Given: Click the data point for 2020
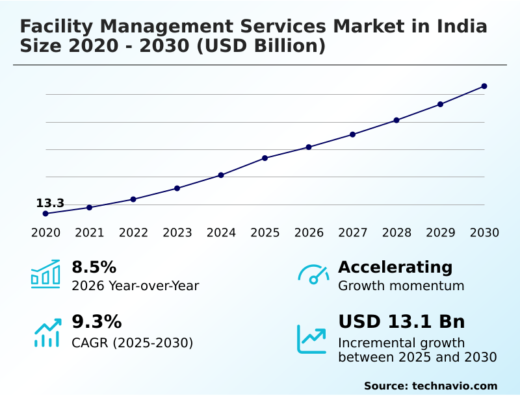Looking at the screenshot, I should (x=45, y=214).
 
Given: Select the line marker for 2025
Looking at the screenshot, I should (x=265, y=158).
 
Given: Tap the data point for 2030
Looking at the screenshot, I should (x=484, y=86).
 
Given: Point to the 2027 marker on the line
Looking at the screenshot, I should (x=352, y=134).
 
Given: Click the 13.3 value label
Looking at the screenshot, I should (x=50, y=203).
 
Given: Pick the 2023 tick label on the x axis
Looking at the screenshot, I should (x=177, y=233).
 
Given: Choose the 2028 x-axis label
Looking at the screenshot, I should (x=396, y=233).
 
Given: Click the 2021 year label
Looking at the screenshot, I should (x=89, y=233).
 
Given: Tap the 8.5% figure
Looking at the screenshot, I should (x=94, y=267).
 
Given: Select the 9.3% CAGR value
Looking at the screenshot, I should (x=96, y=322).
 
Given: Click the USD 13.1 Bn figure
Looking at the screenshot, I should (x=402, y=322).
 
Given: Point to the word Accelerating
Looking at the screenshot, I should (x=395, y=267).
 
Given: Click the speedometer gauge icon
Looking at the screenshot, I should (x=313, y=275).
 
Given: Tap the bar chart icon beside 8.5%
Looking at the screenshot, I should (x=45, y=274).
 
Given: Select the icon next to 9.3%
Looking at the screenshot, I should (x=47, y=332).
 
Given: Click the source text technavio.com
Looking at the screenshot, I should (x=454, y=386).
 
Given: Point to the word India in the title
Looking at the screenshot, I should (x=463, y=27).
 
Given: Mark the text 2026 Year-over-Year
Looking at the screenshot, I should (x=135, y=286).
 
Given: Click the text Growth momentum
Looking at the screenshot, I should (x=401, y=286).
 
